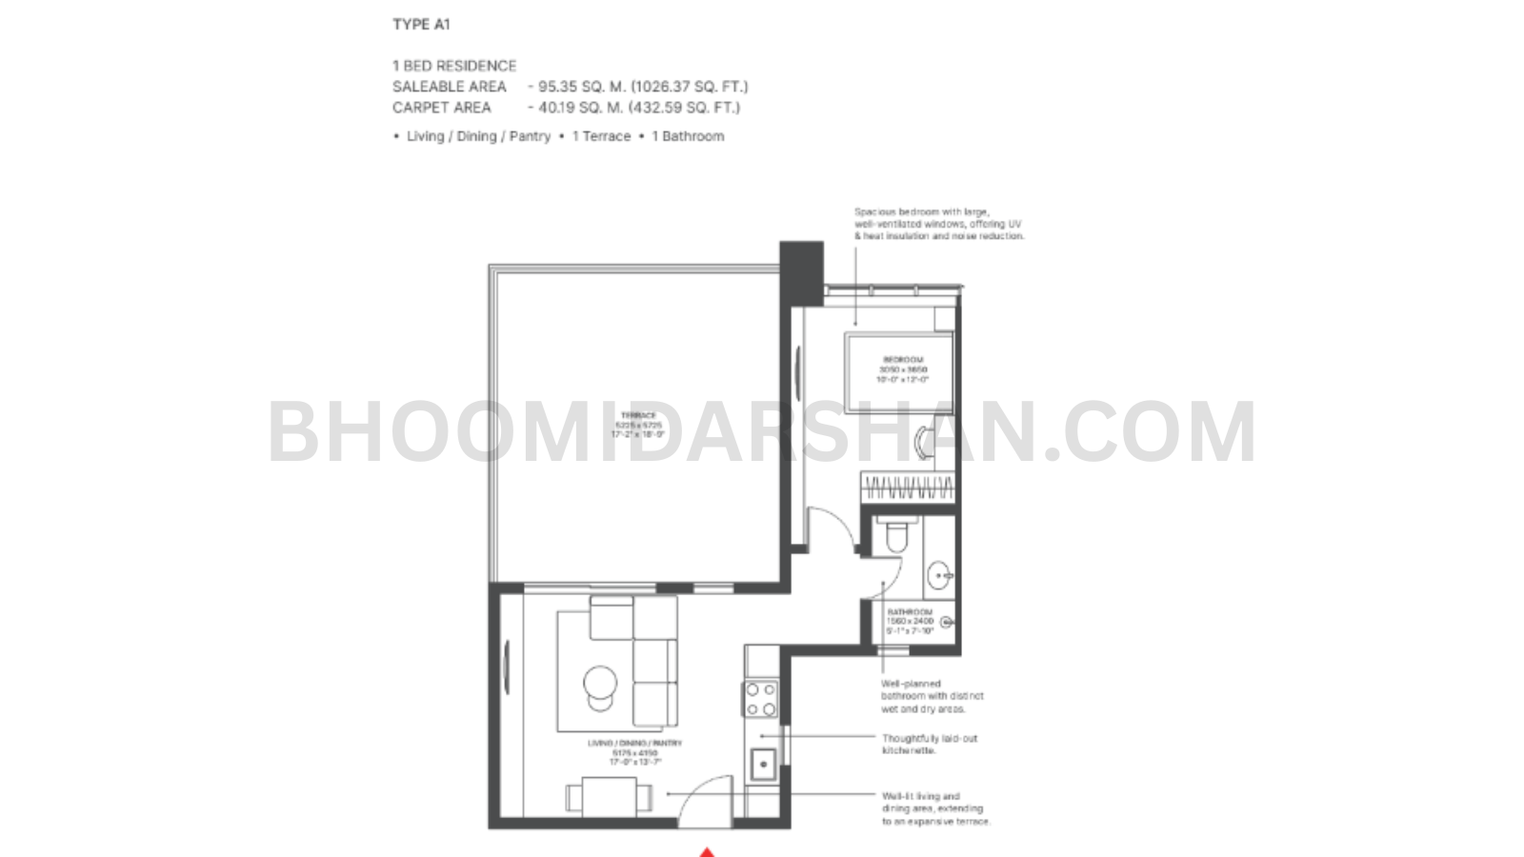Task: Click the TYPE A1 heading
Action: click(421, 25)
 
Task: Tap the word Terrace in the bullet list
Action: click(601, 136)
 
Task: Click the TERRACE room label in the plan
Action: click(638, 415)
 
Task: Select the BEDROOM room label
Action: click(902, 360)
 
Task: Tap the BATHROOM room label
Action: click(910, 612)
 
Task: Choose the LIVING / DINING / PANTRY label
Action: click(634, 743)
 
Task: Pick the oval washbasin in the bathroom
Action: click(940, 574)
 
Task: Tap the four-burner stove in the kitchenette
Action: click(761, 699)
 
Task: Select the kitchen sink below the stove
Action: click(763, 763)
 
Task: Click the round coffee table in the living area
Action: click(600, 682)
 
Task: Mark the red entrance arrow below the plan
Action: click(707, 851)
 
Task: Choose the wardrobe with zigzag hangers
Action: click(908, 488)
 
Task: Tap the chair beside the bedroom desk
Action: click(923, 441)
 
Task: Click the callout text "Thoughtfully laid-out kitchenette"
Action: click(929, 744)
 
